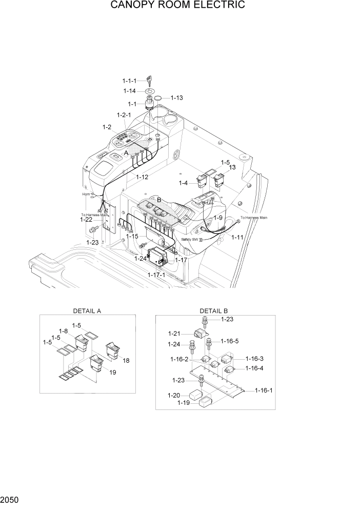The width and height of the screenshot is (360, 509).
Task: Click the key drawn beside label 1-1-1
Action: (x=150, y=80)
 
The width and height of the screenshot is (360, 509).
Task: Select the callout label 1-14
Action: (x=129, y=91)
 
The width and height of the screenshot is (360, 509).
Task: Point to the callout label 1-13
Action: (x=176, y=97)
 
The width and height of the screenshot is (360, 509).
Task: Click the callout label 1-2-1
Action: (x=124, y=114)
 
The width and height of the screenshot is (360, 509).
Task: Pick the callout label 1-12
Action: (x=142, y=177)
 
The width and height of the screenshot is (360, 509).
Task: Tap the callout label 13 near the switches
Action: (x=232, y=168)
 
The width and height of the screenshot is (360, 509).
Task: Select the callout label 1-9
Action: (x=218, y=218)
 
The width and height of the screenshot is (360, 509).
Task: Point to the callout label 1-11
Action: (x=237, y=237)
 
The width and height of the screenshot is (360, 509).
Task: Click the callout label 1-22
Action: (x=86, y=220)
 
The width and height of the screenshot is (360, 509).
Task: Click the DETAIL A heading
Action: (x=87, y=311)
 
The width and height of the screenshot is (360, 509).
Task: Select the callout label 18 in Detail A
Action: (x=126, y=361)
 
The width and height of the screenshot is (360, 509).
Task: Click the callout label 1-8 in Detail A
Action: (x=64, y=331)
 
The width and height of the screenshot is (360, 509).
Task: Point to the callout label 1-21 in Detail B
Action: (x=174, y=334)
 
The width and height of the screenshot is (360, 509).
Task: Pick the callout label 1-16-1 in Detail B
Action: (x=264, y=390)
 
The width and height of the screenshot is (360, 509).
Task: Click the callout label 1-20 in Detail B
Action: (x=173, y=395)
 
